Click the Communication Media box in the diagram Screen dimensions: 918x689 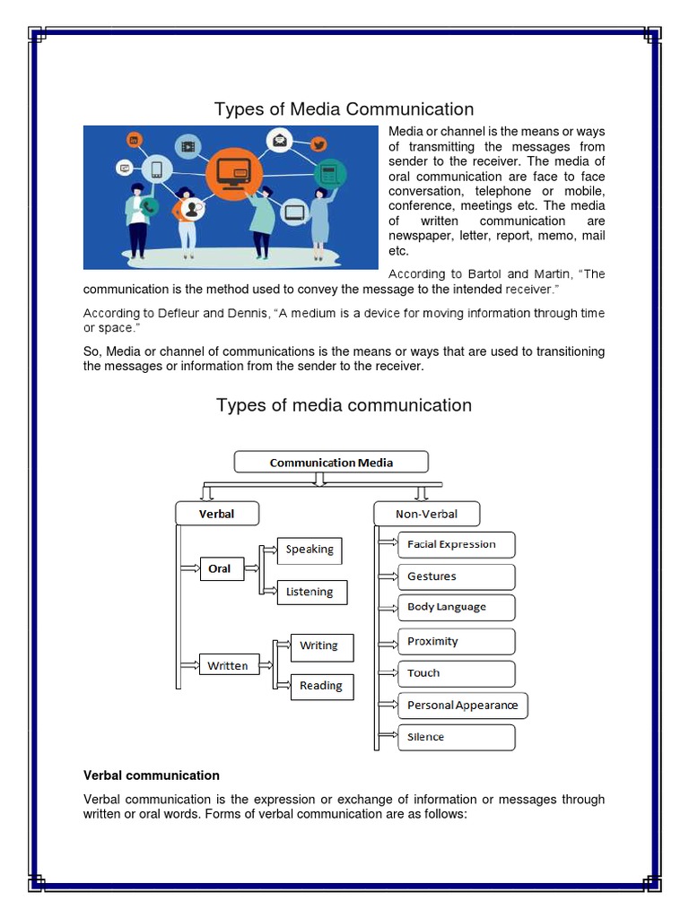click(331, 463)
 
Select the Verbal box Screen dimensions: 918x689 click(216, 514)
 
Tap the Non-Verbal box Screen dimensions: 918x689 click(426, 514)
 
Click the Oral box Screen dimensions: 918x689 click(221, 568)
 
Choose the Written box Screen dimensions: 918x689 click(228, 665)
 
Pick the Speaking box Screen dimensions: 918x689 click(310, 550)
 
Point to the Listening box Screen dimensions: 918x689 click(310, 592)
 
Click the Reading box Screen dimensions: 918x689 click(321, 686)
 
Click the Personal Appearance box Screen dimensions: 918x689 click(463, 705)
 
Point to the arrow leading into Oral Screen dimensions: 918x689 click(189, 568)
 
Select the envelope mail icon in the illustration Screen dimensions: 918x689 click(281, 140)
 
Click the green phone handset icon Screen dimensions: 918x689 click(148, 206)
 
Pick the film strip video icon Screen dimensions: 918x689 click(187, 145)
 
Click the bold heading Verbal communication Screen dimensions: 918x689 click(151, 775)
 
